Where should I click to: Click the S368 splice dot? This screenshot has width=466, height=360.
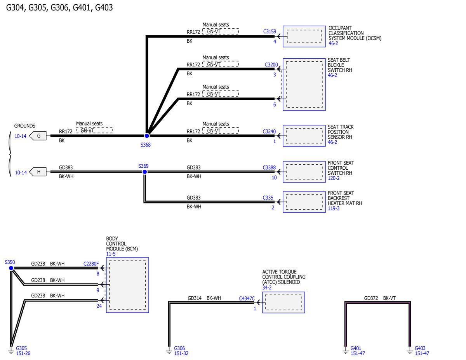click(147, 136)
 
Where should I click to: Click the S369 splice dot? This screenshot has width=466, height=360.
click(144, 172)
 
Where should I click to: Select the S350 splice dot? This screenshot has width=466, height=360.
click(11, 268)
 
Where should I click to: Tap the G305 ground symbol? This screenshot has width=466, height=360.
click(11, 350)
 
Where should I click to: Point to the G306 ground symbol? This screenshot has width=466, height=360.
click(169, 350)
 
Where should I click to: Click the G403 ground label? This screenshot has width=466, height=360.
click(420, 348)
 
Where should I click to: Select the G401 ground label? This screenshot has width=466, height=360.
click(356, 348)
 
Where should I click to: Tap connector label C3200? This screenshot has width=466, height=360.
click(271, 64)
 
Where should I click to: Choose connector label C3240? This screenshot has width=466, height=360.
click(270, 131)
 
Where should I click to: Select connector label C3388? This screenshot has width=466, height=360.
click(270, 168)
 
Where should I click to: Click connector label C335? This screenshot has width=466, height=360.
click(268, 198)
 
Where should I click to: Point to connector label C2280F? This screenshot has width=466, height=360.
click(91, 264)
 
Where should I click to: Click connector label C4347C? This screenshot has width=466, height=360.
click(247, 298)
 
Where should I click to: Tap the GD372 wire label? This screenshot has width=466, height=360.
click(371, 298)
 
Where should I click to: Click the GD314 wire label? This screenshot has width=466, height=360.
click(195, 298)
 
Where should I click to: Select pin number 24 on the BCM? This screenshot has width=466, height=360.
click(99, 306)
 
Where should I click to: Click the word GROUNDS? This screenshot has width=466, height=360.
click(24, 126)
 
